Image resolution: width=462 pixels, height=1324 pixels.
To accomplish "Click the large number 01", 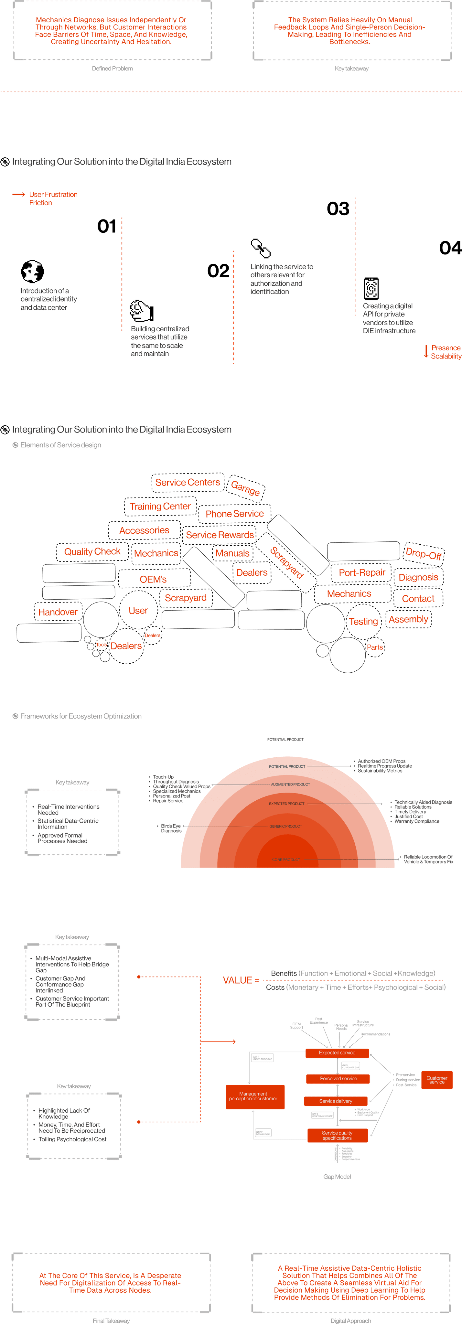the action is pos(107,226).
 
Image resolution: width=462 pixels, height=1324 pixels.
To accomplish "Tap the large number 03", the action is pos(338,209).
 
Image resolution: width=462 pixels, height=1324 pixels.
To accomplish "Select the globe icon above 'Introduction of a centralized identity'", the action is pos(32,272).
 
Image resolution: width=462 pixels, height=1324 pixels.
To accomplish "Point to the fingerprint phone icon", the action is pos(371,288).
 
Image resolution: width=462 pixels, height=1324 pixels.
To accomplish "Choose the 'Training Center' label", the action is pos(160,506).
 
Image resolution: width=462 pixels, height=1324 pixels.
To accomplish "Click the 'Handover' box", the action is pos(58,612).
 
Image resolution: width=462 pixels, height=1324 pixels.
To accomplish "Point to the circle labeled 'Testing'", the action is pos(364,621).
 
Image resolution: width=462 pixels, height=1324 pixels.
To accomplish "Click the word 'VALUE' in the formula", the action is pos(237,980).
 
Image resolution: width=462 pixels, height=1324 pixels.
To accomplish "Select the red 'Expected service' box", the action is pos(337,1052).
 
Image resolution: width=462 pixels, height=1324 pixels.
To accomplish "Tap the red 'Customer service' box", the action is pos(437,1080).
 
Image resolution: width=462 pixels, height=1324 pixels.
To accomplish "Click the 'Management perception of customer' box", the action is pos(253,1096).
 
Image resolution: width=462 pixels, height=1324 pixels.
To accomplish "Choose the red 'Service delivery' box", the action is pos(336,1101).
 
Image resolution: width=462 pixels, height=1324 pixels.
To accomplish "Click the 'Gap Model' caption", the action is pos(337,1177).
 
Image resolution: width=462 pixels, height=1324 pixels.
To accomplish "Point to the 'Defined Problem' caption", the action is pos(112,68).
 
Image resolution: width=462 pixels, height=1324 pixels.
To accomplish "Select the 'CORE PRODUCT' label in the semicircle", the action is pos(286,860).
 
